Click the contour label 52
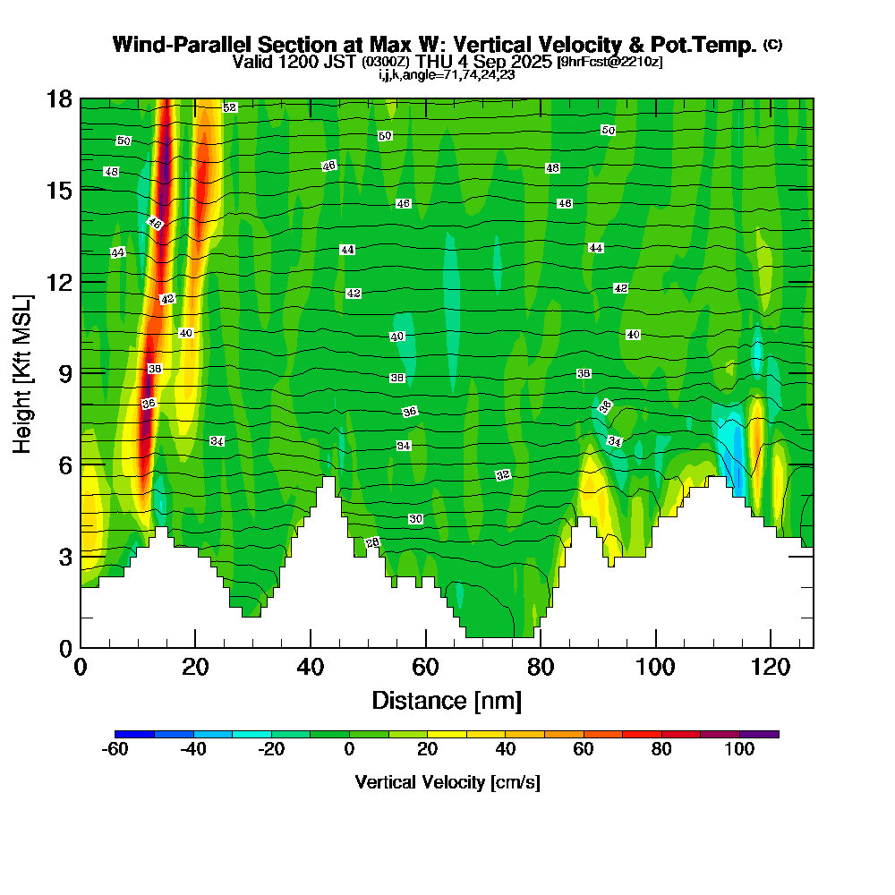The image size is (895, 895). pos(229,107)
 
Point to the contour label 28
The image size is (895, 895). pos(373,542)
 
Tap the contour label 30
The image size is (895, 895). pos(415,519)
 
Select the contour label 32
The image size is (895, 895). pos(503,474)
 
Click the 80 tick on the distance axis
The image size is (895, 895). pos(541,668)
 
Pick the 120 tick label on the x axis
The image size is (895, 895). pos(771,668)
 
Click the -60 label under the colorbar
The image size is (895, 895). pos(116,750)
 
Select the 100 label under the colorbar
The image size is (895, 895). pos(739,750)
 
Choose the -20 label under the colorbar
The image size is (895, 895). pos(271,750)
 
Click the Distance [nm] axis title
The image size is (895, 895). pos(447,700)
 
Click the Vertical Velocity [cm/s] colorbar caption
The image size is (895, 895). pos(447,782)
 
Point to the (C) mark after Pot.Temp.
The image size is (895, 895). pos(772,45)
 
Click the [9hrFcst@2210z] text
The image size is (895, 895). pos(609,62)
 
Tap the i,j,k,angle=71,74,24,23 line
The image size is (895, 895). pos(447,74)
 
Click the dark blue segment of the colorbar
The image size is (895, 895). pos(135,734)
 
